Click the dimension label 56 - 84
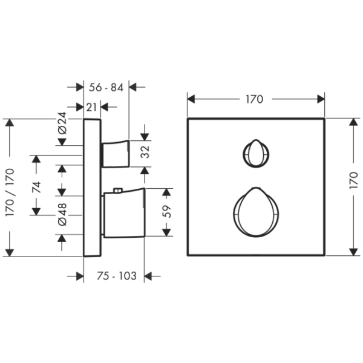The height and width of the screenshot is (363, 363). tap(106, 88)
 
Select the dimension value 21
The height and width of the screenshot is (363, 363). tap(91, 107)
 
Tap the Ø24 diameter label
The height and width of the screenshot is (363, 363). tap(62, 123)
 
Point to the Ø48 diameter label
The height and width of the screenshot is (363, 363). tap(62, 214)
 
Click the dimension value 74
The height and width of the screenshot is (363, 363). tap(36, 188)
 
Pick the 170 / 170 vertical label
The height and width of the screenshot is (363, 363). tap(10, 192)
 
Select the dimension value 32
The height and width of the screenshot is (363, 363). tap(145, 152)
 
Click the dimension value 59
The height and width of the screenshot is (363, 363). tap(167, 211)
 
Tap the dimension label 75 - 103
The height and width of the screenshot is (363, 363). tap(117, 276)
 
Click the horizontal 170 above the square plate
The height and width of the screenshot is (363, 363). tap(255, 99)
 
